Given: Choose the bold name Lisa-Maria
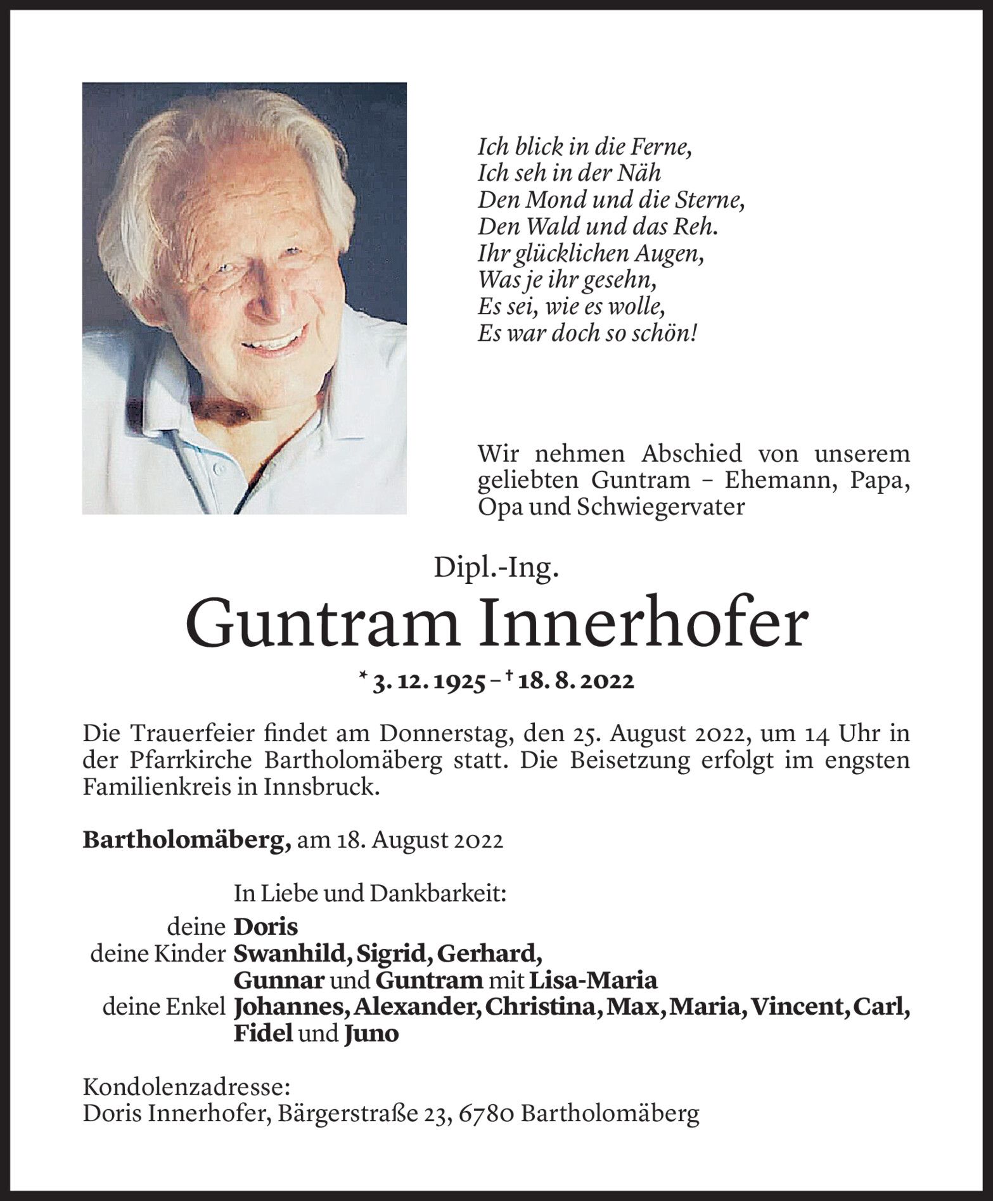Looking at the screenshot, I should pos(593,981).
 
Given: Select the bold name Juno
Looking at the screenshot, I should pos(371,1034).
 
